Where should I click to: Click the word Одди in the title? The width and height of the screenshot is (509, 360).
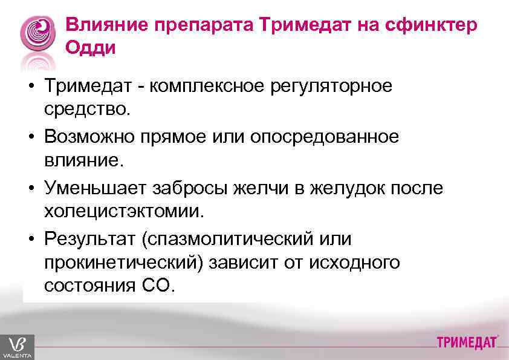[x=90, y=48]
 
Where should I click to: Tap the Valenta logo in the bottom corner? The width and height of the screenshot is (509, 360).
[x=17, y=347]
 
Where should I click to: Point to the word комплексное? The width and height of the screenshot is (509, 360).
[x=210, y=87]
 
